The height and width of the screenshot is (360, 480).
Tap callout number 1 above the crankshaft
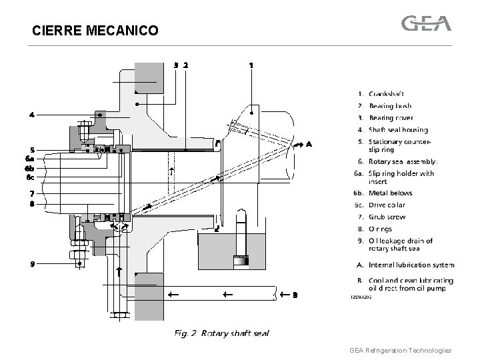point(251,65)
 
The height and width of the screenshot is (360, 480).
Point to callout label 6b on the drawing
point(29,168)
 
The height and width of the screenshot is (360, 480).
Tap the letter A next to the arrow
point(308,143)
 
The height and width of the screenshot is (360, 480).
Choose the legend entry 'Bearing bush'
point(390,106)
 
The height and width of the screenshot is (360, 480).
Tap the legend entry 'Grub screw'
point(387,217)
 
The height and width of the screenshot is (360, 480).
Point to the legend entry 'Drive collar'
point(387,205)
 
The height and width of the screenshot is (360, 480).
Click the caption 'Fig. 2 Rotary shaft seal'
point(222,333)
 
